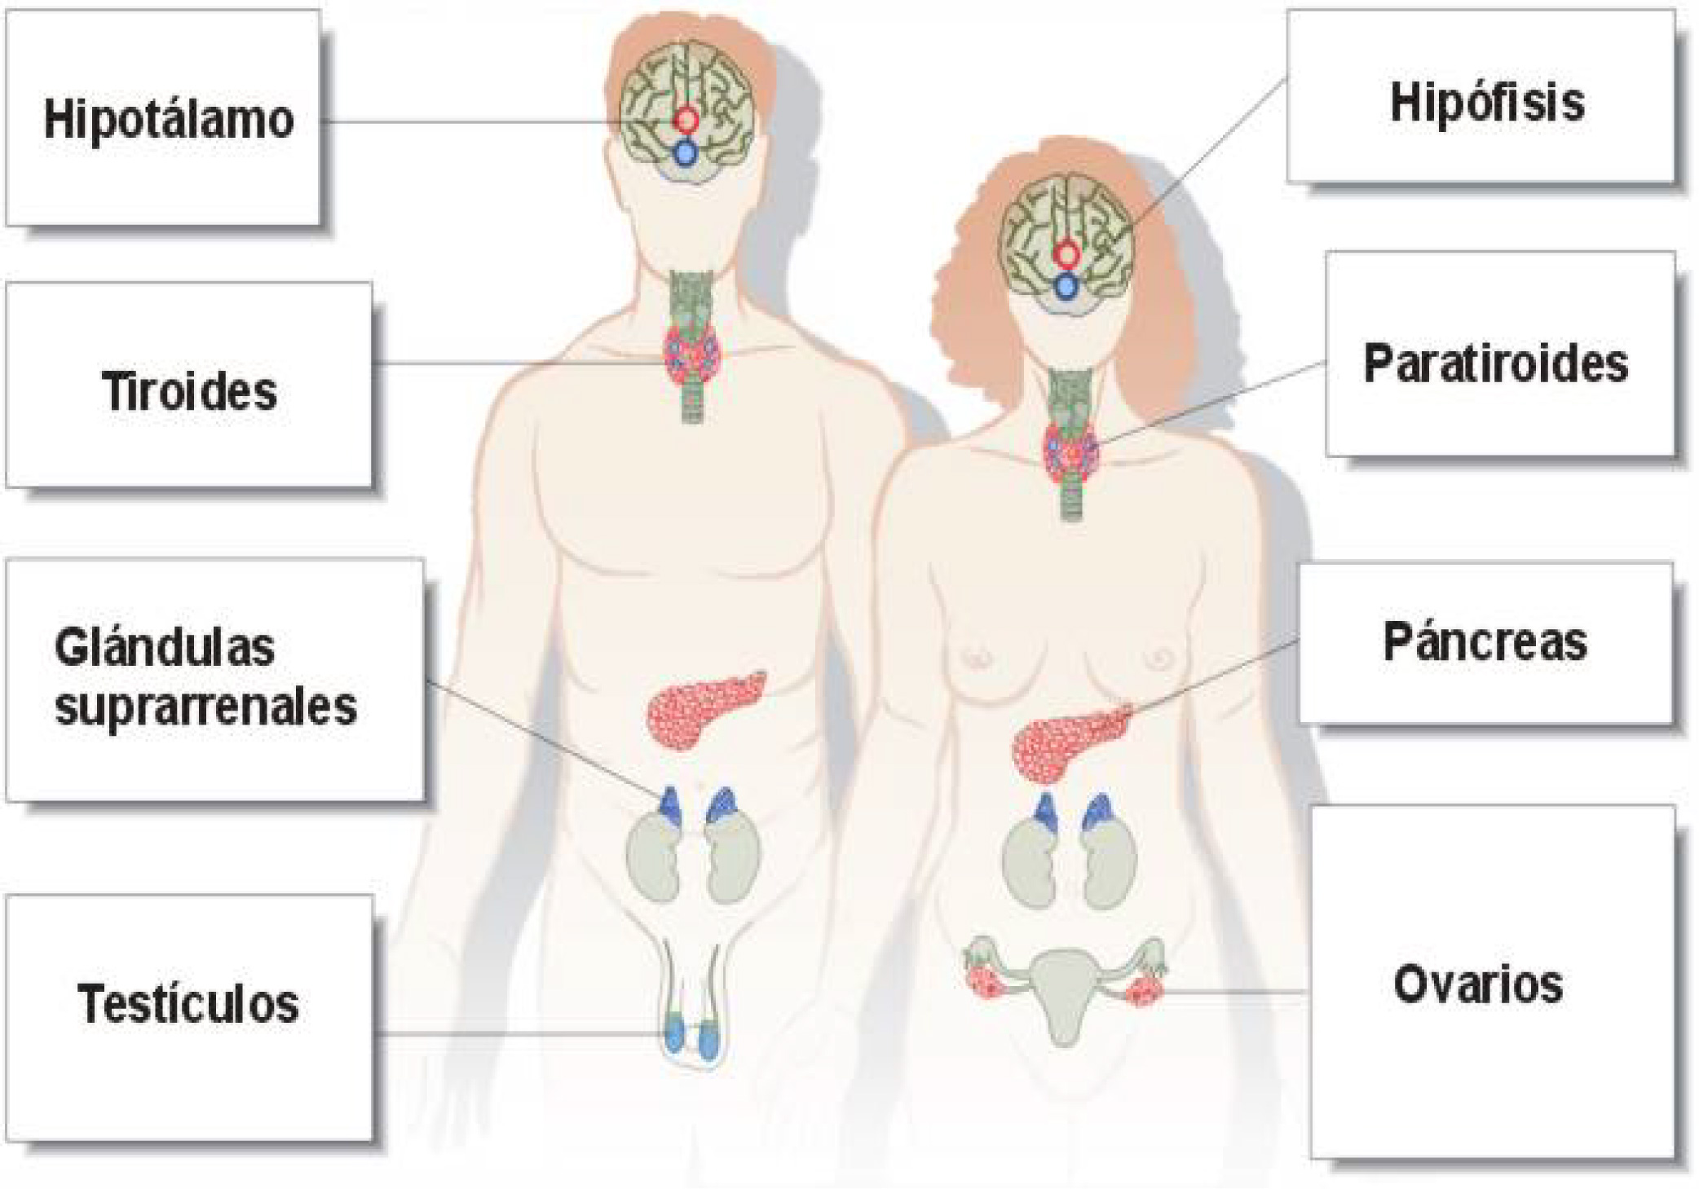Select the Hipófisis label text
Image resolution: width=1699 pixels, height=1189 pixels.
pos(1486,104)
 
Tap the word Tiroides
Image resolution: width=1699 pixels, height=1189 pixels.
pos(189,392)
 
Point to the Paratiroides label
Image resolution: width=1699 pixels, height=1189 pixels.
pos(1495,363)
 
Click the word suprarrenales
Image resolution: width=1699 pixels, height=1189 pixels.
pos(205,707)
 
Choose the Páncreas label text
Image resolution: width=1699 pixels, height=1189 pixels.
pos(1485,643)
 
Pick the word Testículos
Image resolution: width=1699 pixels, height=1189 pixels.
pos(188,1003)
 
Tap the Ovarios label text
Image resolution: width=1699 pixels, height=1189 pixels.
pos(1477,984)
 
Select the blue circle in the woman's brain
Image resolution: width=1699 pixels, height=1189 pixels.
pos(1066,287)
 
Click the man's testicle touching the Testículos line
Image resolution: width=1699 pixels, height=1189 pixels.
pos(675,1036)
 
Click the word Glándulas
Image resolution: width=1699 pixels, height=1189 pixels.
pos(165,649)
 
